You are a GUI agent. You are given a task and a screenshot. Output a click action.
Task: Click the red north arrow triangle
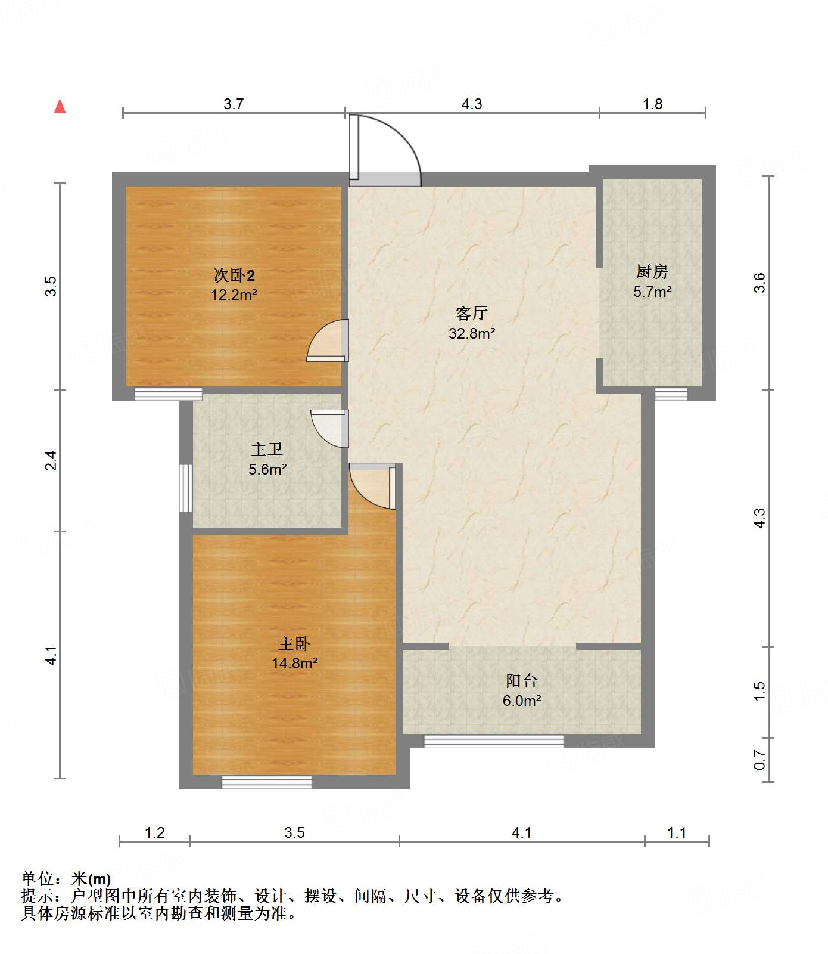(60, 106)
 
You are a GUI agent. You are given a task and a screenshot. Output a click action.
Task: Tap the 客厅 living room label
(472, 313)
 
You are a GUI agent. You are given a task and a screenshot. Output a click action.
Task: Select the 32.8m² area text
(472, 333)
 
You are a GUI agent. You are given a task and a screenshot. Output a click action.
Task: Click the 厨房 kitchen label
(652, 272)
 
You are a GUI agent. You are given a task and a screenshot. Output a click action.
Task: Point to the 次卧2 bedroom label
(234, 275)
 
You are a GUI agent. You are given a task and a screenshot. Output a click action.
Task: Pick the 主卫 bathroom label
(267, 449)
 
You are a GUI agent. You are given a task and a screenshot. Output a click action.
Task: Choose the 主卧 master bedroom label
(294, 644)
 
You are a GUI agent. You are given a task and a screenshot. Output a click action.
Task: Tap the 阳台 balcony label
(522, 681)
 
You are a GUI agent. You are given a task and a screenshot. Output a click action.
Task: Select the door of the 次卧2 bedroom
(328, 341)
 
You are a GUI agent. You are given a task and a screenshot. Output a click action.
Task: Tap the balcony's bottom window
(494, 741)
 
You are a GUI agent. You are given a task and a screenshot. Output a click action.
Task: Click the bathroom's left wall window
(186, 488)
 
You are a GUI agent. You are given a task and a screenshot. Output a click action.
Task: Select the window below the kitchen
(671, 394)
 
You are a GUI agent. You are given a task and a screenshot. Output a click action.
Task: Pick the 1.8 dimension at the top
(653, 104)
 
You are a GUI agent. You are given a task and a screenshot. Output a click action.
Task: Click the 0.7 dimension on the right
(759, 760)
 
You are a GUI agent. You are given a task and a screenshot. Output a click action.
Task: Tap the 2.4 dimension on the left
(52, 460)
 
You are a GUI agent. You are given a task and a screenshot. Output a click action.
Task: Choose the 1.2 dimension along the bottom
(155, 832)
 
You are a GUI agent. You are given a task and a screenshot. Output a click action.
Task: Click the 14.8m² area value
(294, 663)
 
